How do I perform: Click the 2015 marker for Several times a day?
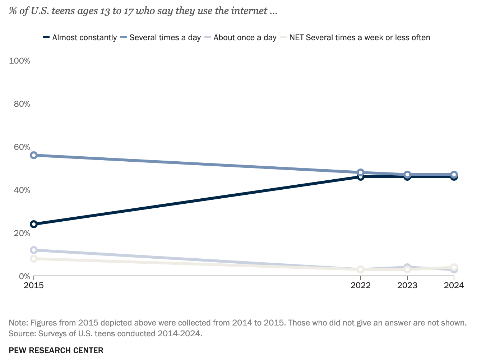tap(34, 155)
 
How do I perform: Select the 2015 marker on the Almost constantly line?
tap(34, 224)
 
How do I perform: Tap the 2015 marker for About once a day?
tap(34, 250)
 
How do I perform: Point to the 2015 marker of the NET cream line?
tap(34, 259)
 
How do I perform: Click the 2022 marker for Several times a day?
tap(361, 172)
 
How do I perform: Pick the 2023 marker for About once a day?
tap(407, 267)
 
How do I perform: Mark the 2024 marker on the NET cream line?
tap(454, 267)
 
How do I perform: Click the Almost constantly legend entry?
tap(84, 38)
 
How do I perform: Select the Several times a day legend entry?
tap(165, 38)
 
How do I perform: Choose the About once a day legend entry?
tap(245, 38)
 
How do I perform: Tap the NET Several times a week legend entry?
tap(360, 38)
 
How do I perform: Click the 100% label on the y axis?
tap(19, 61)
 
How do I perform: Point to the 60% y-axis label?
tap(22, 147)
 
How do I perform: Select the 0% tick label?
tap(24, 276)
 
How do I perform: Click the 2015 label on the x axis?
tap(34, 285)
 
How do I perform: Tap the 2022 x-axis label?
tap(361, 285)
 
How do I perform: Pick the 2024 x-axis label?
tap(454, 285)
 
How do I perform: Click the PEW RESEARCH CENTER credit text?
tap(56, 350)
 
